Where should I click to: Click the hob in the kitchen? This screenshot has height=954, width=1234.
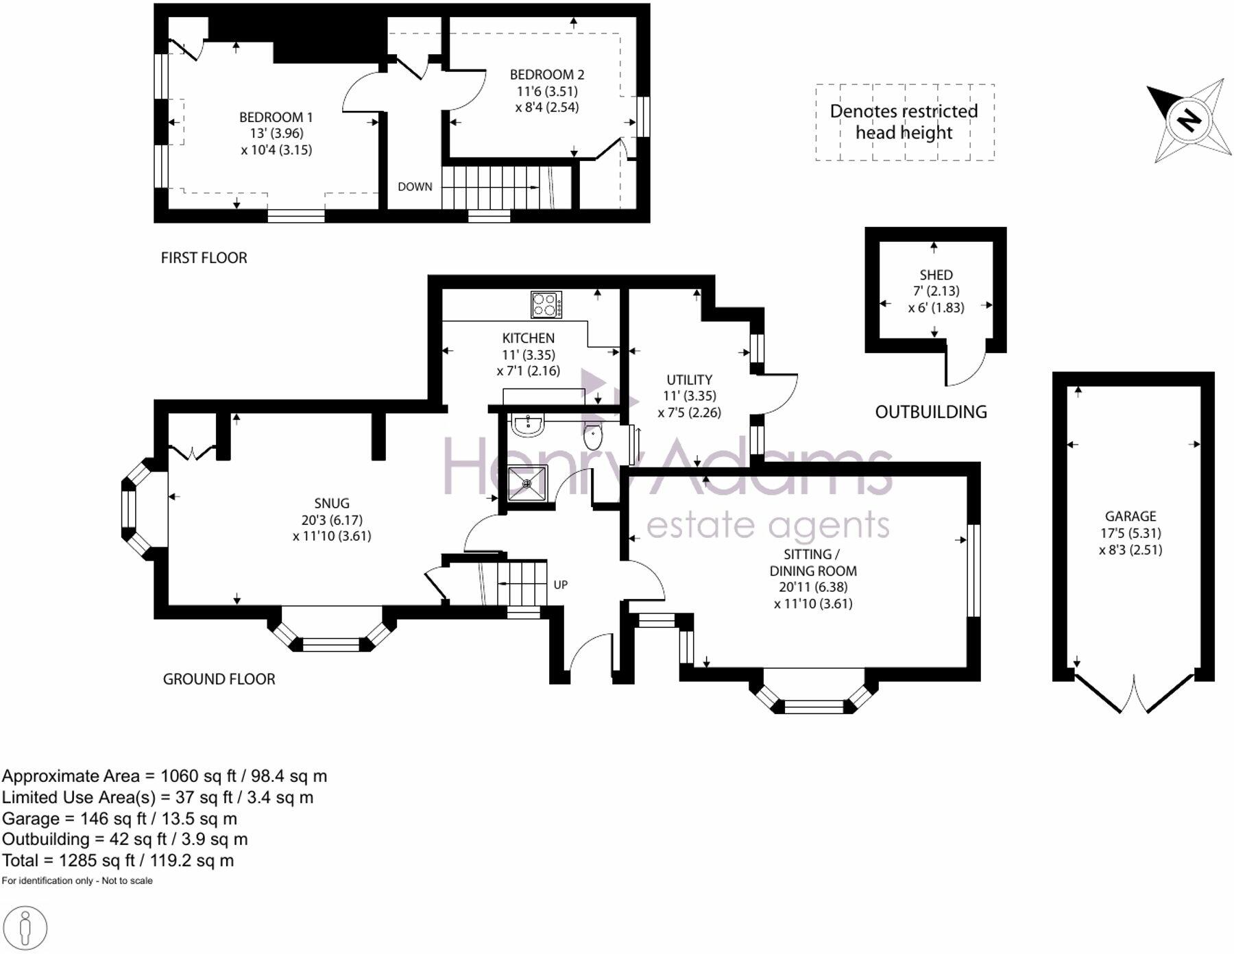[546, 304]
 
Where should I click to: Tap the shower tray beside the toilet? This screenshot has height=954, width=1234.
[527, 483]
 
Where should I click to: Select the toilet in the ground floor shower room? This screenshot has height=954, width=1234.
[593, 437]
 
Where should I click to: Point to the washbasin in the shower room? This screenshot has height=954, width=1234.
[528, 425]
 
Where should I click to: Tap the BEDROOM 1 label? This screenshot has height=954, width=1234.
[276, 117]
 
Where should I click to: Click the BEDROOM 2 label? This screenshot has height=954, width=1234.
[546, 75]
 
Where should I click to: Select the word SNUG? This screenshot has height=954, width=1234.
[332, 503]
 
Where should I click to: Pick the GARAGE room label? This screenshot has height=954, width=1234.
[1130, 516]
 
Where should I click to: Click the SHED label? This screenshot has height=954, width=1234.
[936, 275]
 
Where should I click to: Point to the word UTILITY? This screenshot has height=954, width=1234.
[689, 380]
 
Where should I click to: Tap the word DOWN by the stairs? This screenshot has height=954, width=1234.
[415, 186]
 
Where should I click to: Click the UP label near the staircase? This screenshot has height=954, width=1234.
[560, 585]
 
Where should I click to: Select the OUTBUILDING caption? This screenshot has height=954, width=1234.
[931, 412]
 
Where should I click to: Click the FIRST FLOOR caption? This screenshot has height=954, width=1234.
[204, 258]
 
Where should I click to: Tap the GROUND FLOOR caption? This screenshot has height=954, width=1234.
[219, 679]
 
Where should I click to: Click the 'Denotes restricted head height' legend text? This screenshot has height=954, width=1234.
[904, 121]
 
